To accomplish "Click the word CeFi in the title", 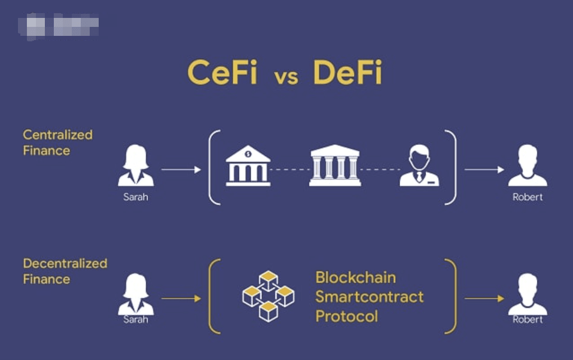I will [x=222, y=74].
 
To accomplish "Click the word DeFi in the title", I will [x=347, y=74].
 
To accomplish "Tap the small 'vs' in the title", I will [x=286, y=78].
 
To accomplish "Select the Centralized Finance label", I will [x=57, y=142].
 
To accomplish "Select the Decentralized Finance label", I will [x=65, y=271].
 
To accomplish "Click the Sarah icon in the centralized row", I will [x=136, y=167].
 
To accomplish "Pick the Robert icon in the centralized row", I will [x=527, y=167].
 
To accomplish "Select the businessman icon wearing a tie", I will [x=419, y=167].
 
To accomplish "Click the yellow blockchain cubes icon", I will [x=268, y=296].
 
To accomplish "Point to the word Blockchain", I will [x=355, y=277].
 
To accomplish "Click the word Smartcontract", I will [x=369, y=297].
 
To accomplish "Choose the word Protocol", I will [x=346, y=316].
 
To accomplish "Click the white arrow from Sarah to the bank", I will [x=181, y=170].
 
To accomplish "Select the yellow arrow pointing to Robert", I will [x=484, y=298].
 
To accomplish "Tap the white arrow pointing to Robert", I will [x=484, y=170].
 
